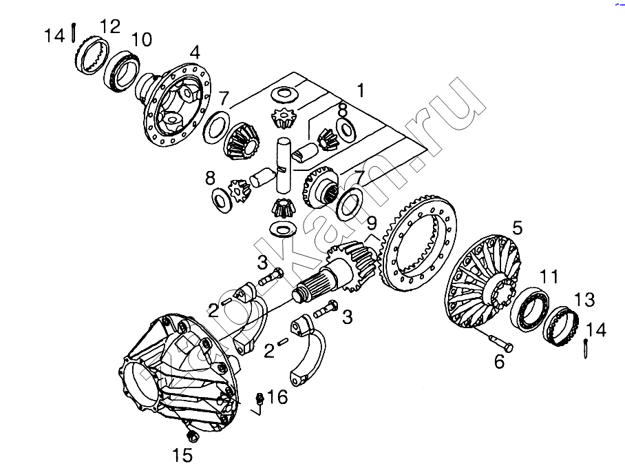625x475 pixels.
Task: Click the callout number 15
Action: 182,455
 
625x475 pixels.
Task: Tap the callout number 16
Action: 277,397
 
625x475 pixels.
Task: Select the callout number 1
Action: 360,90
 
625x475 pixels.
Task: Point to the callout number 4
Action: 195,52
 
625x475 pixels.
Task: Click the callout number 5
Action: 517,228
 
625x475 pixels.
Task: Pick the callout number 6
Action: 499,362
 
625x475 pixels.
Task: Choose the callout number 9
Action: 372,223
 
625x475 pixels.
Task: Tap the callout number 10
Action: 142,39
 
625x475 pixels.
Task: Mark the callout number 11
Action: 549,276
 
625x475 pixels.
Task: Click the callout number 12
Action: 110,26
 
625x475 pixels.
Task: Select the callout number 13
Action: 584,299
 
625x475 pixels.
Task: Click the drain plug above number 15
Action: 193,436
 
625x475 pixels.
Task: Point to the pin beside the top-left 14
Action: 74,32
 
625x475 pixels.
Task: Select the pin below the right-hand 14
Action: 586,348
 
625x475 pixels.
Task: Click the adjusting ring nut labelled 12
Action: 92,55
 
